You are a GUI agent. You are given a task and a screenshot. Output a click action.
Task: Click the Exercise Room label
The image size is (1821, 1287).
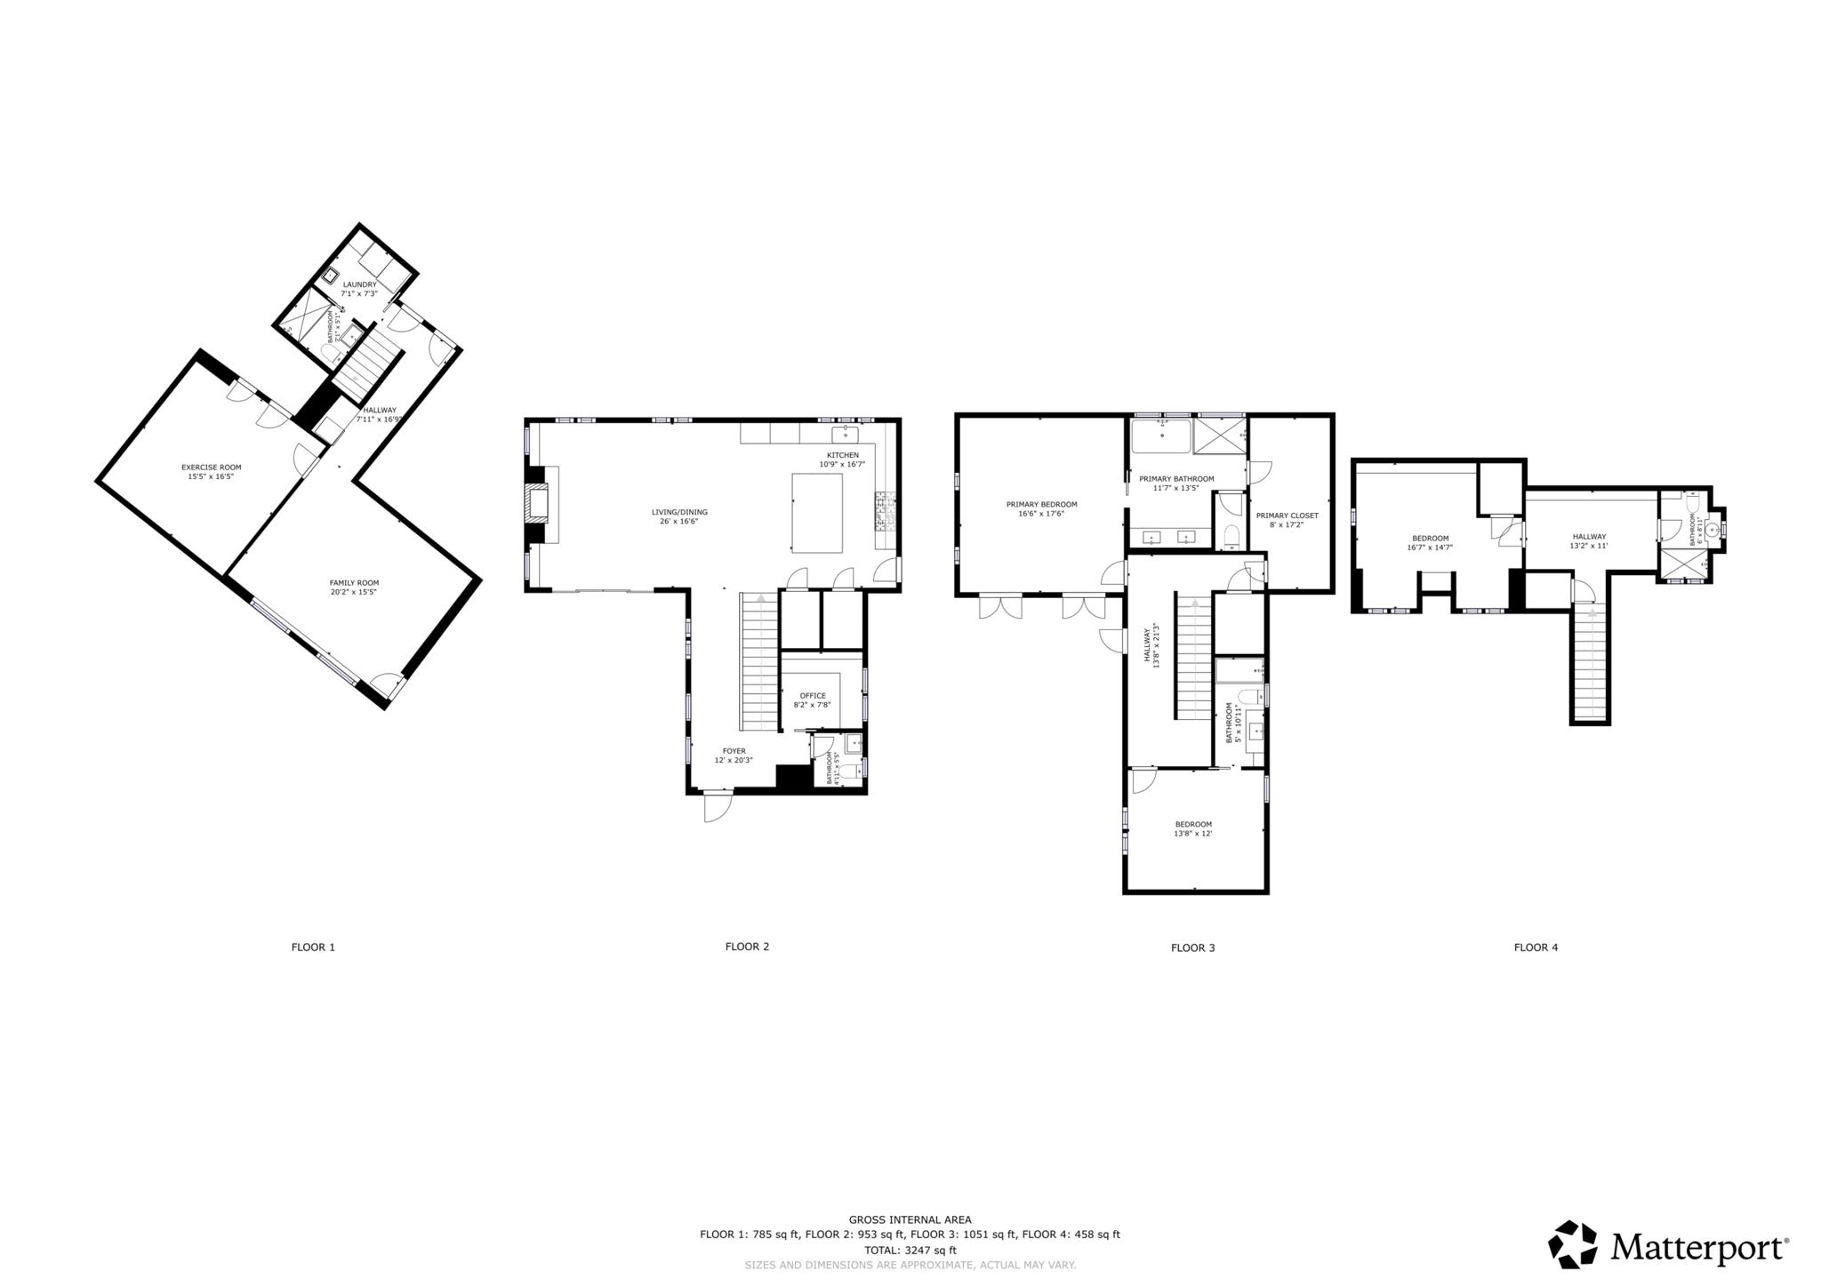coord(211,468)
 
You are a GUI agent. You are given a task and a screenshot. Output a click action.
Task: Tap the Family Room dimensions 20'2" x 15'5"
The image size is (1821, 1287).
coord(354,592)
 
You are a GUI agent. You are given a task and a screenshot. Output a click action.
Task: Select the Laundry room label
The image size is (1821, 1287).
coord(359,284)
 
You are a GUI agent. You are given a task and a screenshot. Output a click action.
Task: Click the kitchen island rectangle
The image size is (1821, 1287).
coord(816,513)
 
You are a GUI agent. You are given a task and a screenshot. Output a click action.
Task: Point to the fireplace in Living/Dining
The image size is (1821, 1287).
coord(536,504)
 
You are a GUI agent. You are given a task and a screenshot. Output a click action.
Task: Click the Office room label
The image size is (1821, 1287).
coord(812,696)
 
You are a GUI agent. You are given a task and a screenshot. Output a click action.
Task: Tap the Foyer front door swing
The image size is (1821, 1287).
coord(717,806)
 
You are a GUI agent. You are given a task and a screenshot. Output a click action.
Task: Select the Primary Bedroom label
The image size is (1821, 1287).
coord(1041,504)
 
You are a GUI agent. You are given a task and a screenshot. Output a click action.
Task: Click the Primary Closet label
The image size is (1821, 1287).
coord(1287,516)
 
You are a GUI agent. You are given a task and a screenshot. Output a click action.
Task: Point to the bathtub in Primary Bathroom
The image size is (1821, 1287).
coord(1160,436)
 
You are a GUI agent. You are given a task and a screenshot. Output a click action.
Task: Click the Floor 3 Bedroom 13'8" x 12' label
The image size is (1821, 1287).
coord(1192,824)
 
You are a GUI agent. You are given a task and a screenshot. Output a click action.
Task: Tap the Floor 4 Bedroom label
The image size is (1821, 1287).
coord(1430,538)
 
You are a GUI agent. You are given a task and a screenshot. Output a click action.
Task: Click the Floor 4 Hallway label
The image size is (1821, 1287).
coord(1589,536)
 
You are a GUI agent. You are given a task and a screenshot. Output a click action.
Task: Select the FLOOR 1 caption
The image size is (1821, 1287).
coord(313,947)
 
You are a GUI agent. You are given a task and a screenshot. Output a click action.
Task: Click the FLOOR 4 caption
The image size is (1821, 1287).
coord(1536,947)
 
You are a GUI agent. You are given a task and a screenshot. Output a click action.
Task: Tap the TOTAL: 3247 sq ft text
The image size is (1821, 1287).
coord(910,1250)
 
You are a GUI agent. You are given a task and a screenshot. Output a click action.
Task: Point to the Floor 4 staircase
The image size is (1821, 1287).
coord(1590,667)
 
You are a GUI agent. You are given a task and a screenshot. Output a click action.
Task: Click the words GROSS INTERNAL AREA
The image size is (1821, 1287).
coord(910,1220)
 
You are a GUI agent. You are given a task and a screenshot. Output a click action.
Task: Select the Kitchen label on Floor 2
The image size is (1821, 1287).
coord(842,455)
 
